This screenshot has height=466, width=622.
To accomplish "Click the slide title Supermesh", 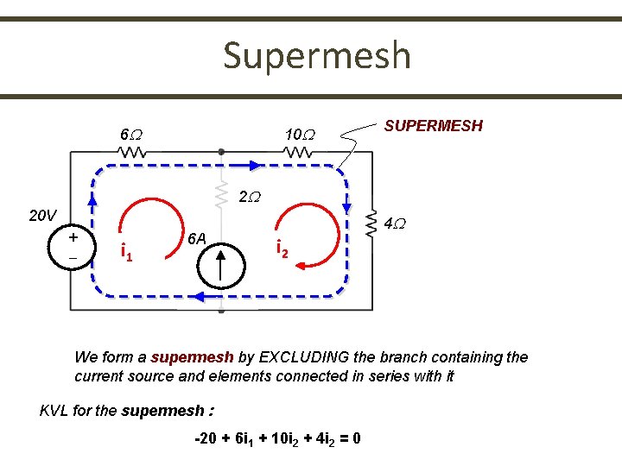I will pos(316,56).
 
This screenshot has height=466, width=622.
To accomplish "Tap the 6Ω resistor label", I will pos(131,135).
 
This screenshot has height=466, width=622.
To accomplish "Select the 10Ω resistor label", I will pos(301,135).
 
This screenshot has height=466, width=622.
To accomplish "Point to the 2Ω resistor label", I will pos(247,197).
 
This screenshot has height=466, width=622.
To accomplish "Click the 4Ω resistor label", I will pos(395,224).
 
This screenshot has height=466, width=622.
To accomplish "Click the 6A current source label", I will pos(198,238).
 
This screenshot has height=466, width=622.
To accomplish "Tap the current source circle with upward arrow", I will pos(221,265).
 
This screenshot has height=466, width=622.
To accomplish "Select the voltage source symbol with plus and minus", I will pos(73,247).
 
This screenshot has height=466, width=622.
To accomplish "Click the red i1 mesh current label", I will pos(125,253).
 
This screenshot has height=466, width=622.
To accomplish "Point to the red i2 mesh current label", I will pos(282,249).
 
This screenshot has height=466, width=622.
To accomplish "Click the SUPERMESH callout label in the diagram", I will pos(433,126).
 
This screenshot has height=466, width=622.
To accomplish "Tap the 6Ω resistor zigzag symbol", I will pos(132,152).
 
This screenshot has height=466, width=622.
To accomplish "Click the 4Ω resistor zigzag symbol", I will pos(372,221).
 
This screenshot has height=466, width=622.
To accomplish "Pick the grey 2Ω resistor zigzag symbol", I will pos(222,197).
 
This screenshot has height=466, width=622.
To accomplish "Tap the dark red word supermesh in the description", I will pos(192,357).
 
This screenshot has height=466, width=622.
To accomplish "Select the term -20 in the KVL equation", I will pos(206,438).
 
